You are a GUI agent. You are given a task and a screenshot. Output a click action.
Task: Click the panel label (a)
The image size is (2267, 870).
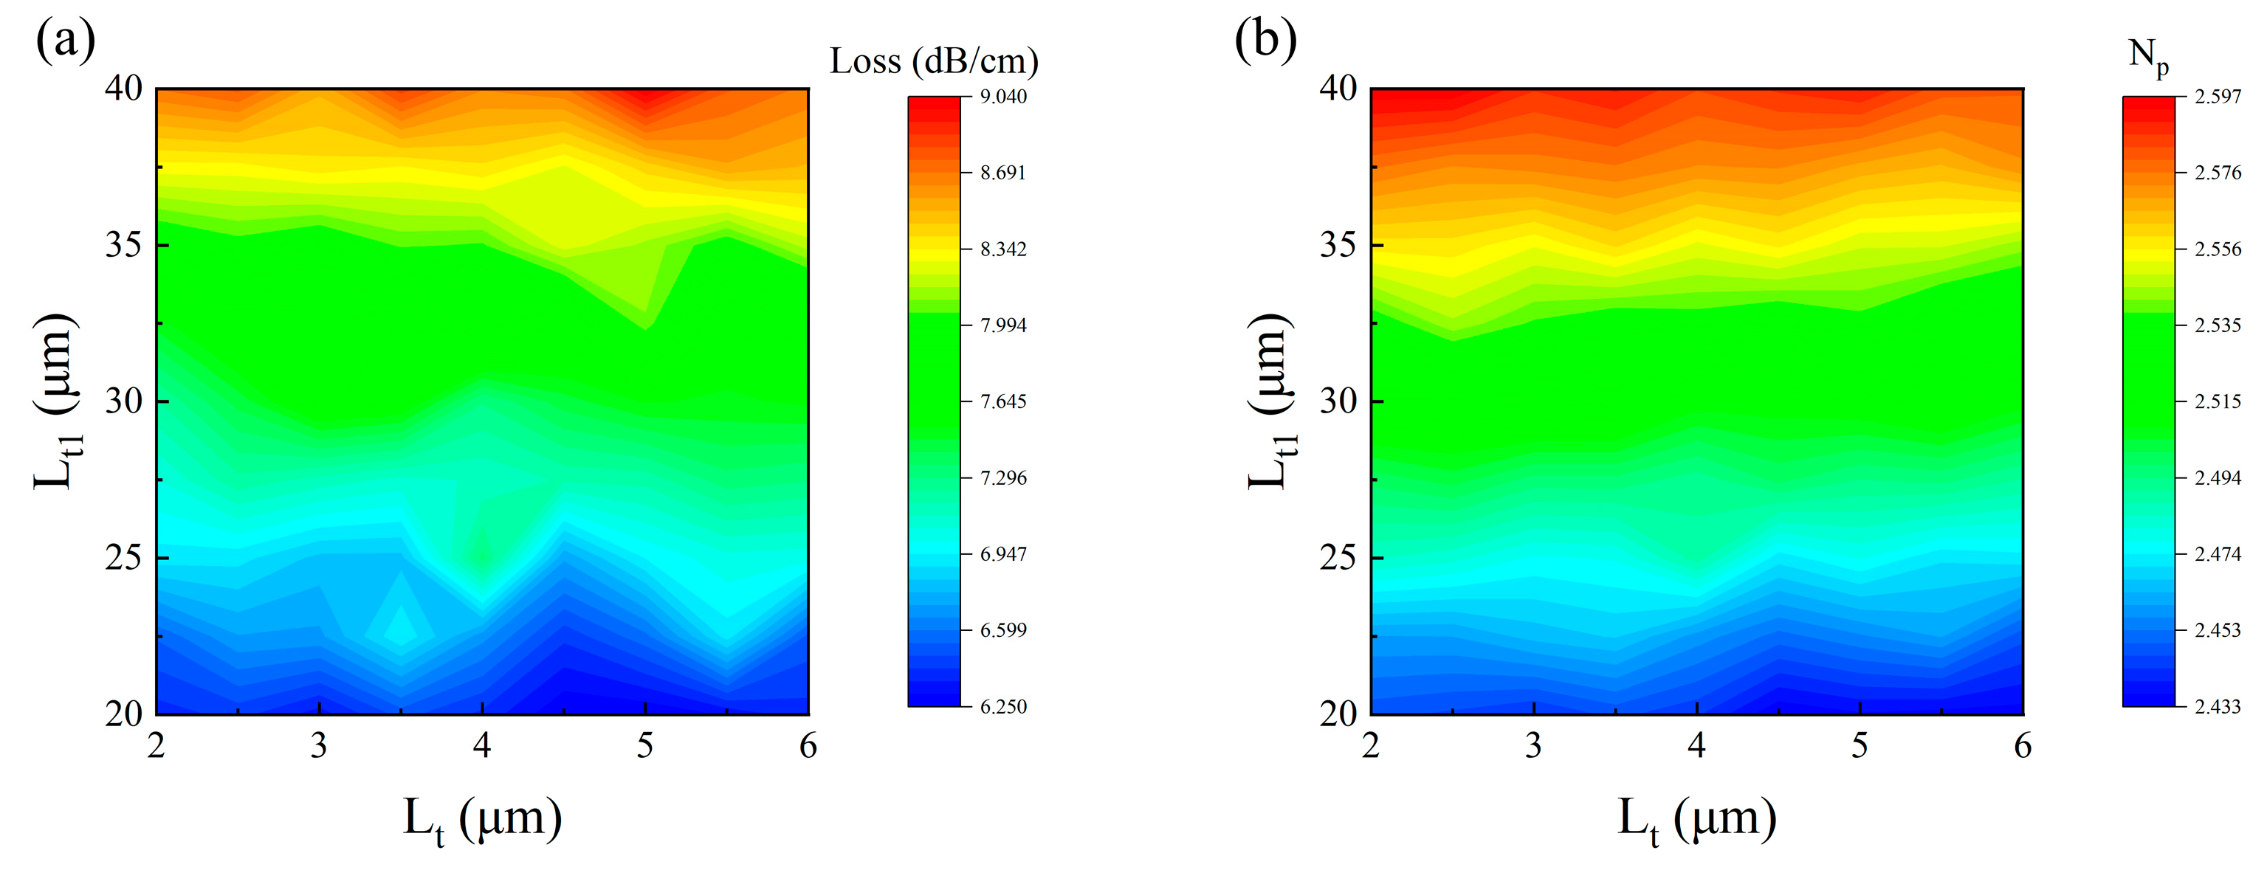click(64, 41)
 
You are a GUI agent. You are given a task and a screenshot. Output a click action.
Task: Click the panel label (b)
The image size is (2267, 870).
click(1265, 41)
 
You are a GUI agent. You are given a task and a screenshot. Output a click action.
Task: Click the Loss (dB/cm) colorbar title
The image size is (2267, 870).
click(934, 61)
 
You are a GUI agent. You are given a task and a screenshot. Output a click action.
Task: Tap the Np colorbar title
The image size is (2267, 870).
click(2148, 56)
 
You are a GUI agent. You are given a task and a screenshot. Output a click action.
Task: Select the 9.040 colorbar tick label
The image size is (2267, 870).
click(1003, 97)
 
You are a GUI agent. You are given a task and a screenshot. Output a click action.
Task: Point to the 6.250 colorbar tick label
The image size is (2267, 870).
click(1003, 706)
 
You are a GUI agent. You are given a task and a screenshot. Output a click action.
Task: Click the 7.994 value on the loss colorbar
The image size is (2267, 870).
click(1003, 325)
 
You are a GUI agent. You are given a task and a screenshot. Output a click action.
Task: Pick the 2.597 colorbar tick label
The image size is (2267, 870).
click(2217, 97)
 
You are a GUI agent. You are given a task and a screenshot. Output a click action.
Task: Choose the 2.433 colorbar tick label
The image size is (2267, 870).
click(2217, 706)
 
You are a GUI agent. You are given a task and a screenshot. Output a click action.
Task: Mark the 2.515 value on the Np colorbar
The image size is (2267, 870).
click(2217, 402)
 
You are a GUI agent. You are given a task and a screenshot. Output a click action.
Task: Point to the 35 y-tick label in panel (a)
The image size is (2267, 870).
click(123, 244)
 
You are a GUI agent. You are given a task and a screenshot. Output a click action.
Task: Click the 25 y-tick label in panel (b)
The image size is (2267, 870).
click(1338, 558)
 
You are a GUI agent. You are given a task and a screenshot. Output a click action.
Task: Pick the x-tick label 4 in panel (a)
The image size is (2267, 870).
click(481, 746)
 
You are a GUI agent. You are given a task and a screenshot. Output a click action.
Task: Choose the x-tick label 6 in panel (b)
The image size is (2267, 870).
click(2023, 746)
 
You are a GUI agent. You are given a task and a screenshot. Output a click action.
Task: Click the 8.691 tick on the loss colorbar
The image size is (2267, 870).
click(1003, 173)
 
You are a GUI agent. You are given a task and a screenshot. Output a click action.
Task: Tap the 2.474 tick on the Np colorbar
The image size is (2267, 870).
click(2217, 554)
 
